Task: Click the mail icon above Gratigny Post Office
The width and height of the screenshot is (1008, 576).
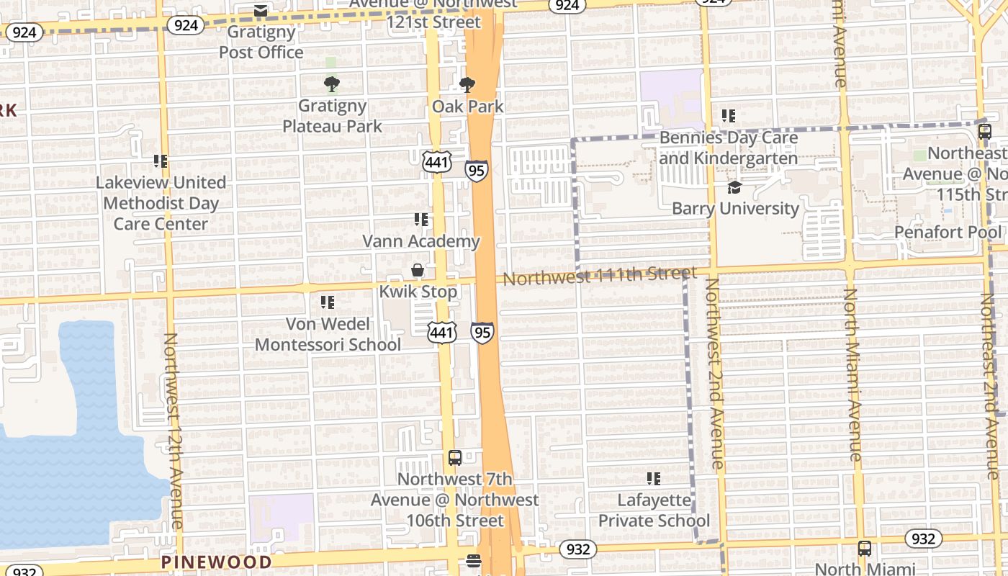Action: pyautogui.click(x=261, y=11)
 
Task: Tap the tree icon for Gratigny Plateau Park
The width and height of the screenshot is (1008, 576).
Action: pyautogui.click(x=331, y=85)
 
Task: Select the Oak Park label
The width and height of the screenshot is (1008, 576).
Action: pyautogui.click(x=467, y=107)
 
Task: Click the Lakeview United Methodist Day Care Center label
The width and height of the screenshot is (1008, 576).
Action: pyautogui.click(x=161, y=203)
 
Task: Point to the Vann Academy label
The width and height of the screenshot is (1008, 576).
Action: pyautogui.click(x=420, y=241)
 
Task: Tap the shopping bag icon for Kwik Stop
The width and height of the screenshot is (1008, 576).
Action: pyautogui.click(x=418, y=270)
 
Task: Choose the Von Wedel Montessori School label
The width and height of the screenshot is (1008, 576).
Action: pyautogui.click(x=328, y=334)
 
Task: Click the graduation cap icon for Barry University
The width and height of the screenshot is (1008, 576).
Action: pyautogui.click(x=734, y=188)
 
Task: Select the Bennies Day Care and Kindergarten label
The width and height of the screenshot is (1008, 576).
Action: pyautogui.click(x=728, y=148)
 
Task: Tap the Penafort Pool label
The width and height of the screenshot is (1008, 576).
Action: pyautogui.click(x=948, y=232)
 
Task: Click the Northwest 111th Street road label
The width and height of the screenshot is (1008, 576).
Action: pyautogui.click(x=600, y=275)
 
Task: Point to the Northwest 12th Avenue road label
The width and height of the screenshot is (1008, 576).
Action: pyautogui.click(x=174, y=431)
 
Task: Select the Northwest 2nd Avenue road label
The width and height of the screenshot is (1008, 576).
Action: pyautogui.click(x=714, y=373)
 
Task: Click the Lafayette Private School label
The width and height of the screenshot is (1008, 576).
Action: pyautogui.click(x=654, y=510)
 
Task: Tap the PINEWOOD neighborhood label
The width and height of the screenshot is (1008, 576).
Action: pyautogui.click(x=217, y=562)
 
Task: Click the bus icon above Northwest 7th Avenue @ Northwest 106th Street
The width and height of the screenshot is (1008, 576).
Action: pyautogui.click(x=455, y=457)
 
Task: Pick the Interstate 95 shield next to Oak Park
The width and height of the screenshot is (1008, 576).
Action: pyautogui.click(x=476, y=171)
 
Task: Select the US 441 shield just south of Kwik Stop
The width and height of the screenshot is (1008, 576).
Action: pyautogui.click(x=441, y=332)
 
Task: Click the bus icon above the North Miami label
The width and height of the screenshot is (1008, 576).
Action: pyautogui.click(x=865, y=549)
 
